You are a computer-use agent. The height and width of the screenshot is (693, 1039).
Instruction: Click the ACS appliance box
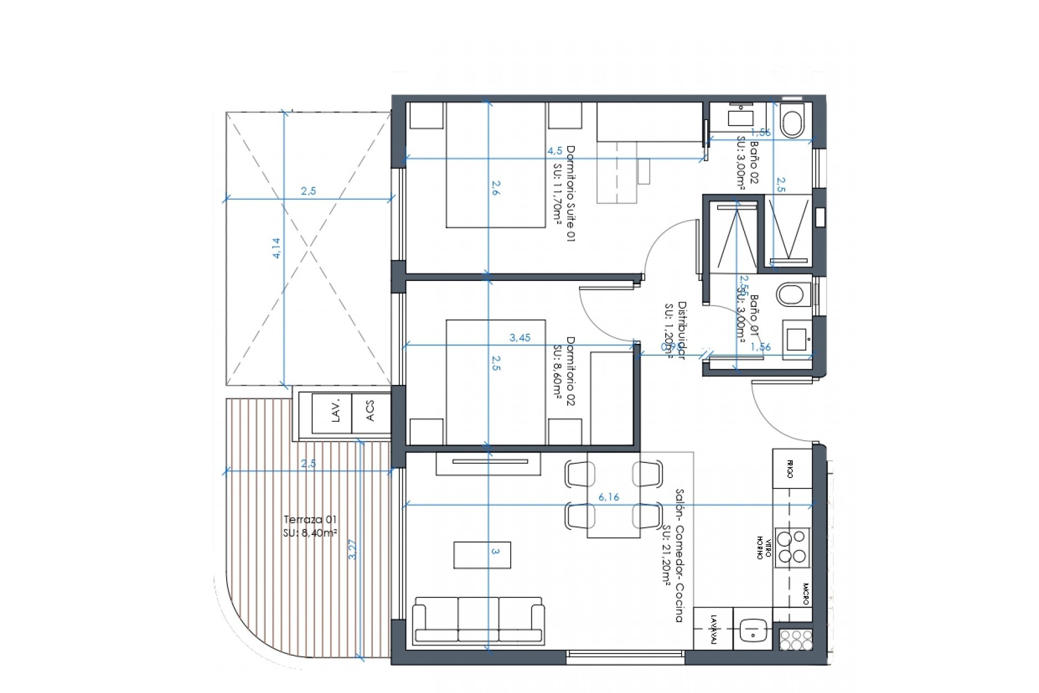[371, 413]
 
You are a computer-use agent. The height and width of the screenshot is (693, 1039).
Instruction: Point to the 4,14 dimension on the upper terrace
[277, 249]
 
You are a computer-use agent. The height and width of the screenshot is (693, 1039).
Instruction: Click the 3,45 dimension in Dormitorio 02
[520, 338]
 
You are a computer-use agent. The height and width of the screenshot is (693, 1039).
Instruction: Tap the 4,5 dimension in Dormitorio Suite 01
[554, 151]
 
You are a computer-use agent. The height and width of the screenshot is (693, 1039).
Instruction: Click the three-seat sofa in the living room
[478, 622]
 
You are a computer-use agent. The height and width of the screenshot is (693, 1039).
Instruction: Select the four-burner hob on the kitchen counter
[792, 547]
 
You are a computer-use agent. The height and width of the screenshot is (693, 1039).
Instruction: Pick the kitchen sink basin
[752, 629]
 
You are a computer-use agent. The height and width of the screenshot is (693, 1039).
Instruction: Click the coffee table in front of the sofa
[482, 555]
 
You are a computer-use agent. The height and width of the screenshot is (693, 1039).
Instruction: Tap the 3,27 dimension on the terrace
[353, 550]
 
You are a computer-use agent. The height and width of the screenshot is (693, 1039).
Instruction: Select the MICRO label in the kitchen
[805, 594]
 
